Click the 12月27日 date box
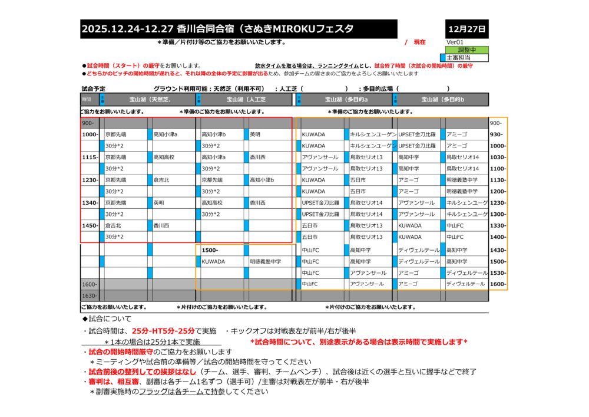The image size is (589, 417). coord(467,28)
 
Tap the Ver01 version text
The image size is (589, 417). coord(455,42)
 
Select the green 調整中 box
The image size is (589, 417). coord(467,50)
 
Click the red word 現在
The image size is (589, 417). coord(419,42)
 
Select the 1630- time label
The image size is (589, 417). coord(90,295)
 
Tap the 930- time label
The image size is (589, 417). coord(496,134)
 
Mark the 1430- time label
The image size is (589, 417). coord(498,250)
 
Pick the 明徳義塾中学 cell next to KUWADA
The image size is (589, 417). coord(266,261)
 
